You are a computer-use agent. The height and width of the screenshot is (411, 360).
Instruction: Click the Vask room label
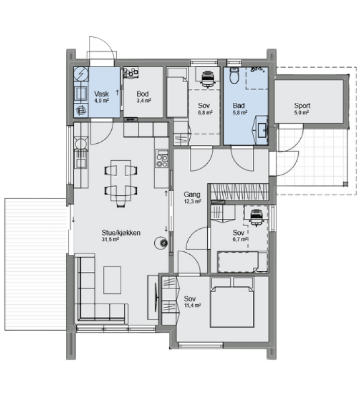101,97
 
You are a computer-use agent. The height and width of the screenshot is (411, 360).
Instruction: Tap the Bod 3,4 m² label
143,97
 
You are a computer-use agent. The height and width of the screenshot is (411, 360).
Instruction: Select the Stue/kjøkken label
121,233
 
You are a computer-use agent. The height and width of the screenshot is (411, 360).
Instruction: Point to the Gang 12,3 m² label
192,197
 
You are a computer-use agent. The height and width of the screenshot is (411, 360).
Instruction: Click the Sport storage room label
302,108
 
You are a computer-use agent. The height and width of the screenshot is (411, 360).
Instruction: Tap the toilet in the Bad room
235,76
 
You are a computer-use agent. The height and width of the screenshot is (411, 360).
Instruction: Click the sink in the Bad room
262,130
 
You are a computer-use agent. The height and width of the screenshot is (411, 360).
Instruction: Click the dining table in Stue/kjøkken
121,181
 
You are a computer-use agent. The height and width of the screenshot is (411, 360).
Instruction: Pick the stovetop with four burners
162,159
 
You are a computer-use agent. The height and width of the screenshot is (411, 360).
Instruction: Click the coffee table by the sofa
112,280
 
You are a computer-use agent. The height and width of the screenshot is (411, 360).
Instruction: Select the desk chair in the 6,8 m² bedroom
208,78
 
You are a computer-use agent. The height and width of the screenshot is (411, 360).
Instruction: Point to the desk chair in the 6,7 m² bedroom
256,217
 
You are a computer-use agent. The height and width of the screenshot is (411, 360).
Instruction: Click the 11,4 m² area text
192,305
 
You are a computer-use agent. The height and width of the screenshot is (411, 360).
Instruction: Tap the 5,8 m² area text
240,113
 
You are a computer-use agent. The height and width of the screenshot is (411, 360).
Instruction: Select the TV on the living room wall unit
157,297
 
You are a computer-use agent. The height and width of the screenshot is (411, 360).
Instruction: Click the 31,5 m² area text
111,239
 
